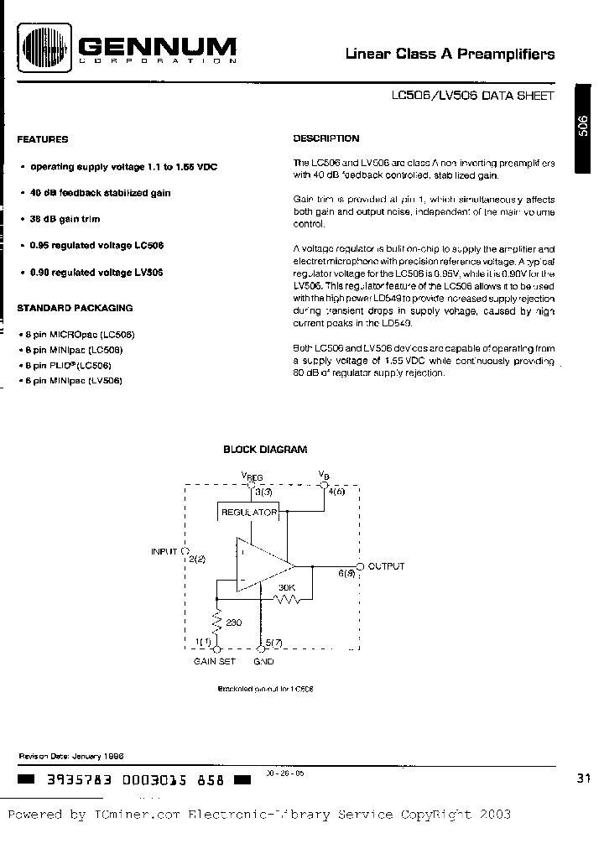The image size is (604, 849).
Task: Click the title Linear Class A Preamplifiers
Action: click(450, 55)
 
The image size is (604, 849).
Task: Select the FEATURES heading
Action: click(43, 139)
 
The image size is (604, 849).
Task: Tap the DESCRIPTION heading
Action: click(326, 138)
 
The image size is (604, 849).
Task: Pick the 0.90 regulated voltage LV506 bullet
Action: click(96, 273)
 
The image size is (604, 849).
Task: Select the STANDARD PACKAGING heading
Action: click(75, 308)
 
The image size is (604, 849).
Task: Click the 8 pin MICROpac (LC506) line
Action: click(81, 335)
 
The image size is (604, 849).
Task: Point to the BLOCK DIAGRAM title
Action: click(265, 450)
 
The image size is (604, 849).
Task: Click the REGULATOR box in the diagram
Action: click(248, 512)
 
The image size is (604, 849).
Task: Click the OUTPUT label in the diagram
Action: click(386, 566)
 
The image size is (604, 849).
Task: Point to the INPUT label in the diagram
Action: click(164, 551)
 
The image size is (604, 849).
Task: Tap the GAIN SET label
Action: click(216, 662)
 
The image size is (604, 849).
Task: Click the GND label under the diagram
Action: click(263, 662)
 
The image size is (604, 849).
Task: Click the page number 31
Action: click(584, 779)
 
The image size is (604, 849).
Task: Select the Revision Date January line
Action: click(71, 755)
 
